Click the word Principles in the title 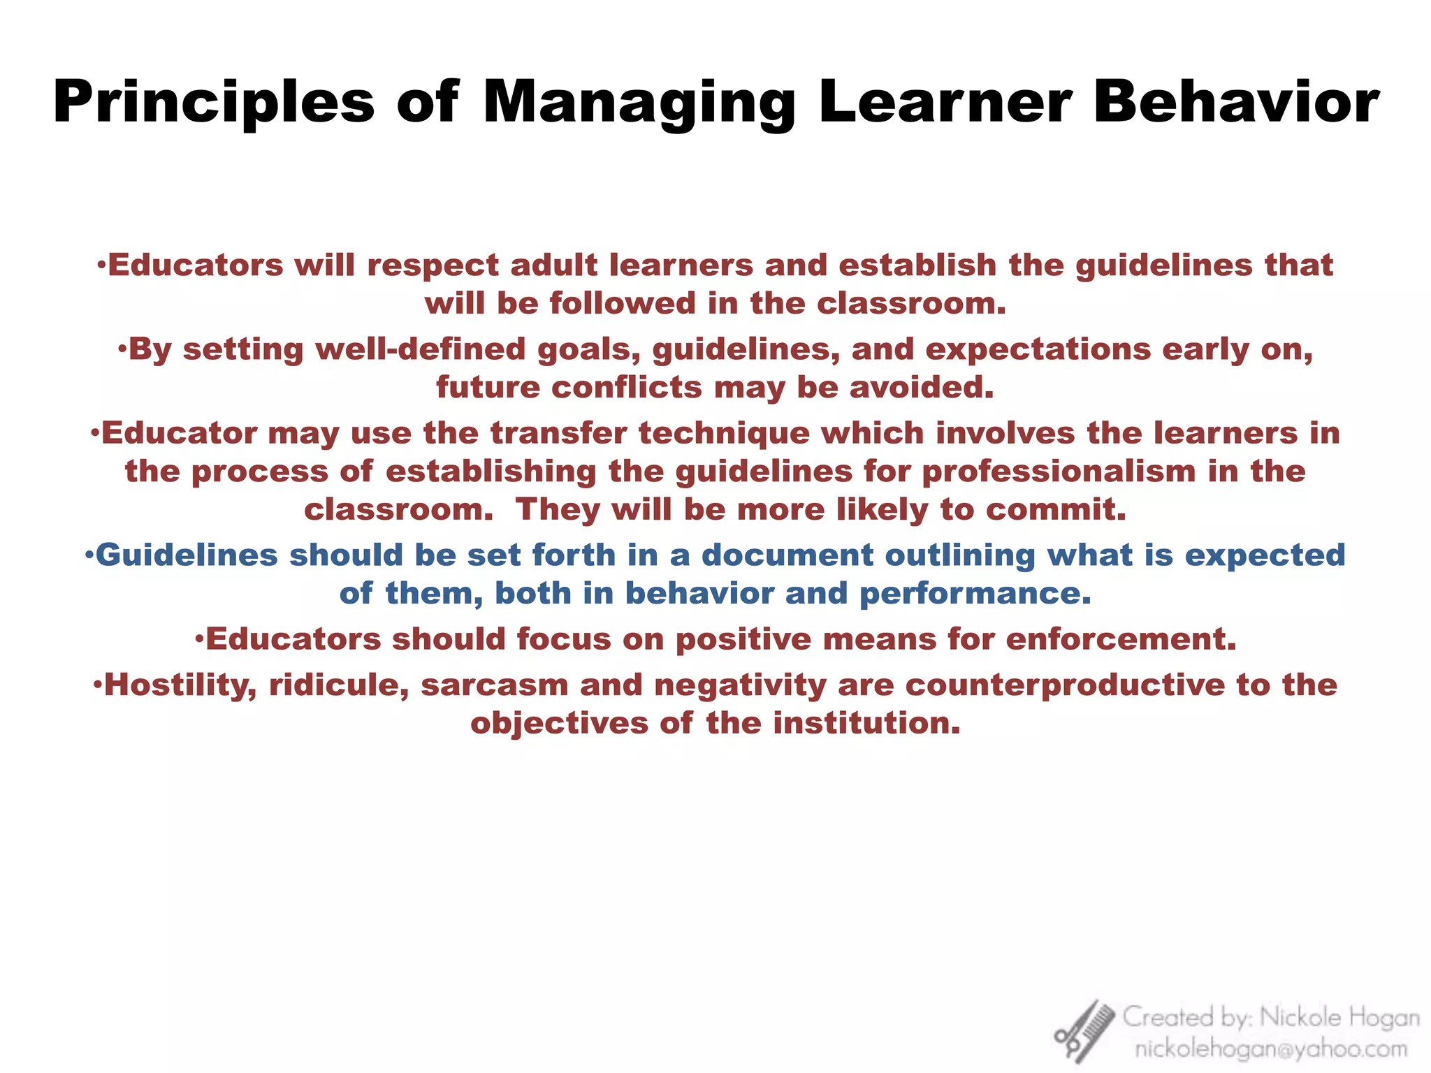[x=213, y=103]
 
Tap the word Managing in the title [x=639, y=103]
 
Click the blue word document [x=787, y=555]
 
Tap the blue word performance [x=975, y=594]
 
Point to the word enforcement [x=1121, y=639]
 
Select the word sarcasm [x=494, y=685]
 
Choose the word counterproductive [x=1065, y=685]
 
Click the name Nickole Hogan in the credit [x=1339, y=1017]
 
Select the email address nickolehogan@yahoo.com [x=1271, y=1049]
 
